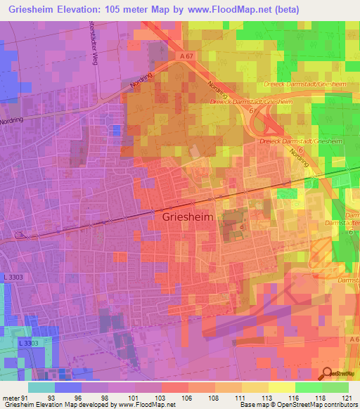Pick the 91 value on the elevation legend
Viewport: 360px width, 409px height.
coord(27,398)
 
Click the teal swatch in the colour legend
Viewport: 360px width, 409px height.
coord(41,387)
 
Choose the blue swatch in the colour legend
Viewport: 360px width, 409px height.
coord(68,387)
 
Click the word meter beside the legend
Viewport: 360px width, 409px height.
coord(10,398)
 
